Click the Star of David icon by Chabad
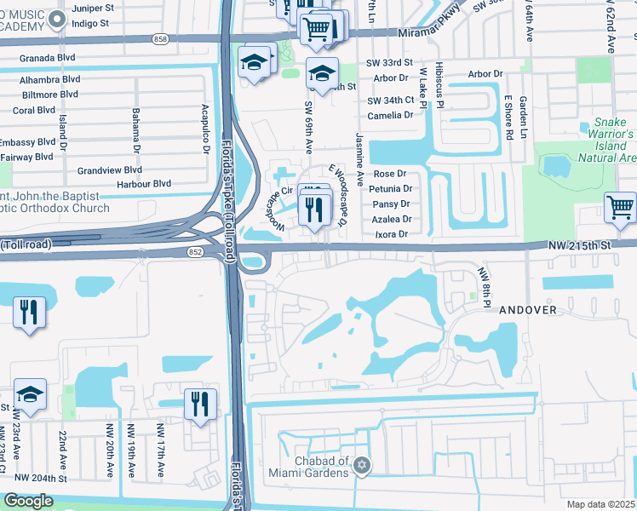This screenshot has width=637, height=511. click(363, 465)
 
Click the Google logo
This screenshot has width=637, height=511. click(28, 501)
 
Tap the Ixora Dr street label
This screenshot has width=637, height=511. click(391, 234)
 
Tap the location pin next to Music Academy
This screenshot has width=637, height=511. click(57, 20)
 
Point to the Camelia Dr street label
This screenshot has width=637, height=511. click(390, 114)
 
